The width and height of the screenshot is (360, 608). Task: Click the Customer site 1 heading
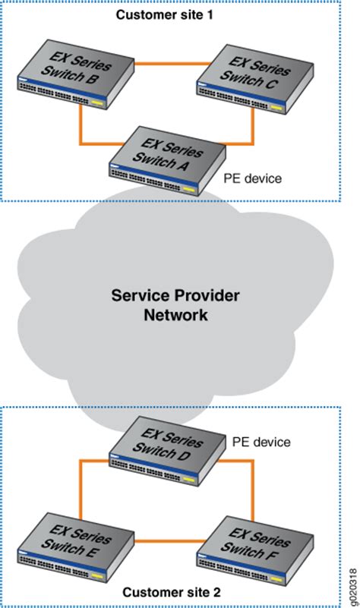point(163,15)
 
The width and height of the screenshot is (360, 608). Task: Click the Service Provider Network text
point(175,304)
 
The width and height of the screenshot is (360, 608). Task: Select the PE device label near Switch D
point(262,441)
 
